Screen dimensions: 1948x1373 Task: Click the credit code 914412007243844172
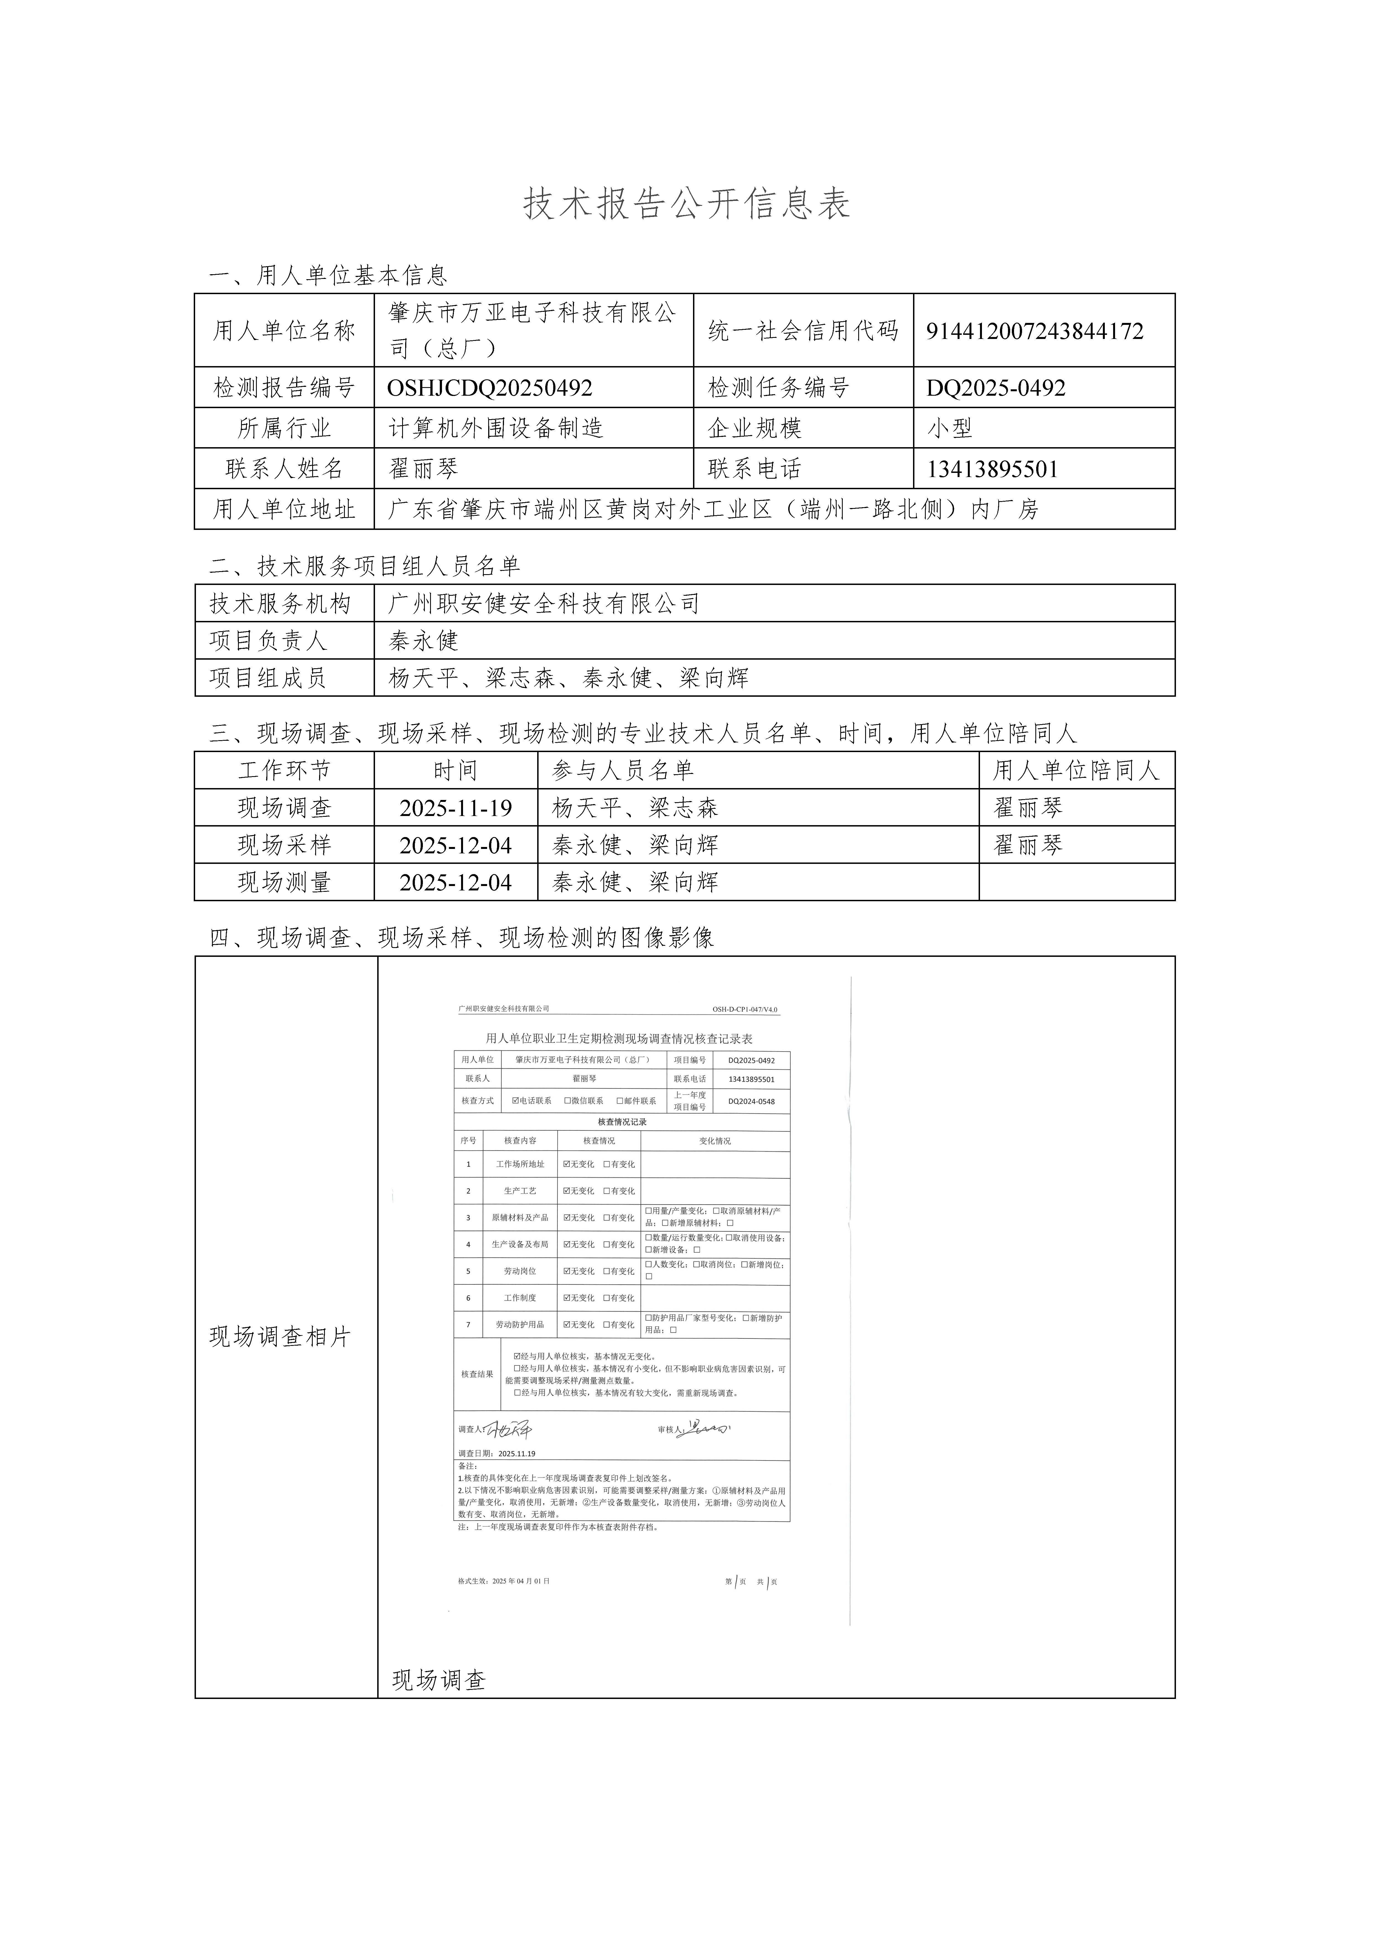[1035, 331]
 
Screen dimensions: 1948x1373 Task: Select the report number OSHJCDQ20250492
[490, 388]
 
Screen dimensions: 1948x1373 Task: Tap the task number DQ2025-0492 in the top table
[996, 388]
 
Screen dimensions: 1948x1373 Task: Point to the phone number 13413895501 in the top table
[992, 469]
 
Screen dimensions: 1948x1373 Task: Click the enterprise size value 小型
[950, 428]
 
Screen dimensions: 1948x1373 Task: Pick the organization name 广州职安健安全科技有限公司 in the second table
[544, 603]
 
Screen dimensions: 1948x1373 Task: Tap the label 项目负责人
[268, 641]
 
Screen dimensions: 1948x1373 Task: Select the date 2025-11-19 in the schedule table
[456, 808]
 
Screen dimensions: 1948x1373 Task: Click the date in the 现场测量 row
[456, 882]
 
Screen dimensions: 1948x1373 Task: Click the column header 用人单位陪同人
[1076, 770]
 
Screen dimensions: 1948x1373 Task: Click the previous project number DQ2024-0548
[751, 1101]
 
